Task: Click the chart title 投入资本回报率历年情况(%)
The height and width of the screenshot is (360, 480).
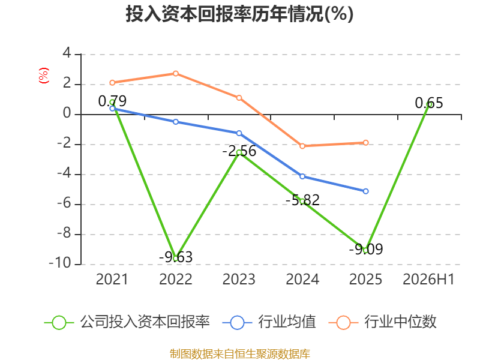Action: pyautogui.click(x=239, y=14)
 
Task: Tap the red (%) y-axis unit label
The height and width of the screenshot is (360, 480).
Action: pyautogui.click(x=44, y=76)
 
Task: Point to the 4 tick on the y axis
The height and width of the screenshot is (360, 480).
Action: pyautogui.click(x=67, y=53)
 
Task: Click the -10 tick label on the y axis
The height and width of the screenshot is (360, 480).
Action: pyautogui.click(x=60, y=263)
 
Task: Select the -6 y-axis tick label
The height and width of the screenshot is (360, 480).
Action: pyautogui.click(x=64, y=203)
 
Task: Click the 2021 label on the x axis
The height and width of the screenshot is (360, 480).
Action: pyautogui.click(x=112, y=279)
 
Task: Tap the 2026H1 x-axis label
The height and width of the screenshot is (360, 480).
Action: pyautogui.click(x=428, y=279)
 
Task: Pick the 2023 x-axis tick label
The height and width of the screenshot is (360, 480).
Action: pyautogui.click(x=239, y=279)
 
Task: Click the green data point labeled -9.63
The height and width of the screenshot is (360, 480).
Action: pyautogui.click(x=176, y=259)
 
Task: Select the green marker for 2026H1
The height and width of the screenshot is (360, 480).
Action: pyautogui.click(x=429, y=104)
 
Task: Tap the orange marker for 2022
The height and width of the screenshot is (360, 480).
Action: pyautogui.click(x=176, y=73)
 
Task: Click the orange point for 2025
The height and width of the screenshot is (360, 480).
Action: pyautogui.click(x=366, y=143)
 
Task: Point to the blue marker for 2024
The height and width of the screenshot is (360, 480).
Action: pyautogui.click(x=302, y=176)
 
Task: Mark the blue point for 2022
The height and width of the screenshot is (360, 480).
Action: pyautogui.click(x=176, y=122)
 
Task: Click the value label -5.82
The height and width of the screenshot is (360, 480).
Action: pyautogui.click(x=302, y=200)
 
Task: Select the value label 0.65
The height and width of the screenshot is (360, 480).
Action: pyautogui.click(x=429, y=103)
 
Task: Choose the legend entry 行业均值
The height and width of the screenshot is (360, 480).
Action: pyautogui.click(x=269, y=322)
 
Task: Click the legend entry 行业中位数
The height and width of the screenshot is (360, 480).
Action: pyautogui.click(x=382, y=322)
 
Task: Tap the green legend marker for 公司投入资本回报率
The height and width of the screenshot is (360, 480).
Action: pyautogui.click(x=59, y=323)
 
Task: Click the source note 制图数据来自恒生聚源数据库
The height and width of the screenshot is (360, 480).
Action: pyautogui.click(x=239, y=353)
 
